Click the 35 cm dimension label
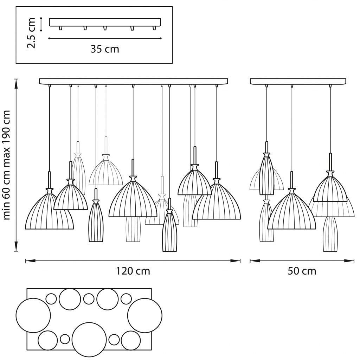[105, 49]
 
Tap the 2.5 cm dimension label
[31, 33]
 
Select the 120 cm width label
[133, 271]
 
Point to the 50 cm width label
[302, 271]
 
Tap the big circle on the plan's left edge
[33, 315]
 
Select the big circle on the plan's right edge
[144, 315]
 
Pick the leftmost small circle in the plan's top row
[51, 299]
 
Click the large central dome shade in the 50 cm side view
[291, 209]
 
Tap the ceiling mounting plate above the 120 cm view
[133, 82]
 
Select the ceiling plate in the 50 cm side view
[298, 82]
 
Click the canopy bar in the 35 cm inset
[105, 22]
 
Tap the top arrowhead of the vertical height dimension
[16, 84]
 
